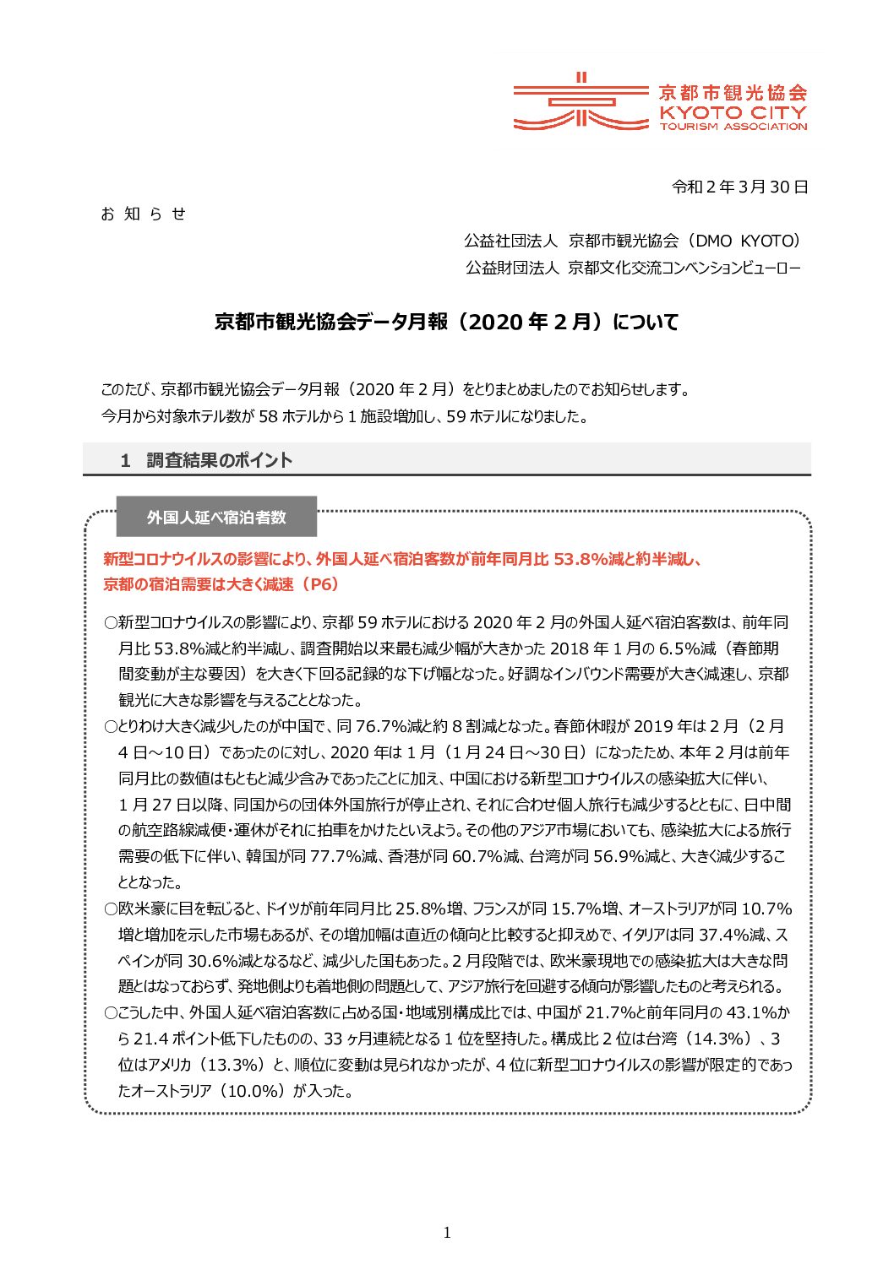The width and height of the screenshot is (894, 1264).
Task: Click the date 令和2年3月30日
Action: click(x=739, y=187)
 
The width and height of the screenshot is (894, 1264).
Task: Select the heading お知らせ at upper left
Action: click(x=143, y=214)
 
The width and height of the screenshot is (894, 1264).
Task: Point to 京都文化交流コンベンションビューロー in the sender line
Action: click(x=684, y=268)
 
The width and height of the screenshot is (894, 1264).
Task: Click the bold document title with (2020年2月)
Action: click(x=446, y=323)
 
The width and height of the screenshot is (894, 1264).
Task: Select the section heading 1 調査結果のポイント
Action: click(x=206, y=460)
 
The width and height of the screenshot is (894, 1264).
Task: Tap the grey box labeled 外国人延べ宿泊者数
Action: click(x=216, y=517)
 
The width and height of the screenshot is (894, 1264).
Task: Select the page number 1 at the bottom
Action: click(x=447, y=1233)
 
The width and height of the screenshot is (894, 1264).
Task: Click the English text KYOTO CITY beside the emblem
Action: click(x=733, y=112)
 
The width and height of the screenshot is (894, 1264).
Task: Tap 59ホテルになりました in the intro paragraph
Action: click(x=516, y=416)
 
